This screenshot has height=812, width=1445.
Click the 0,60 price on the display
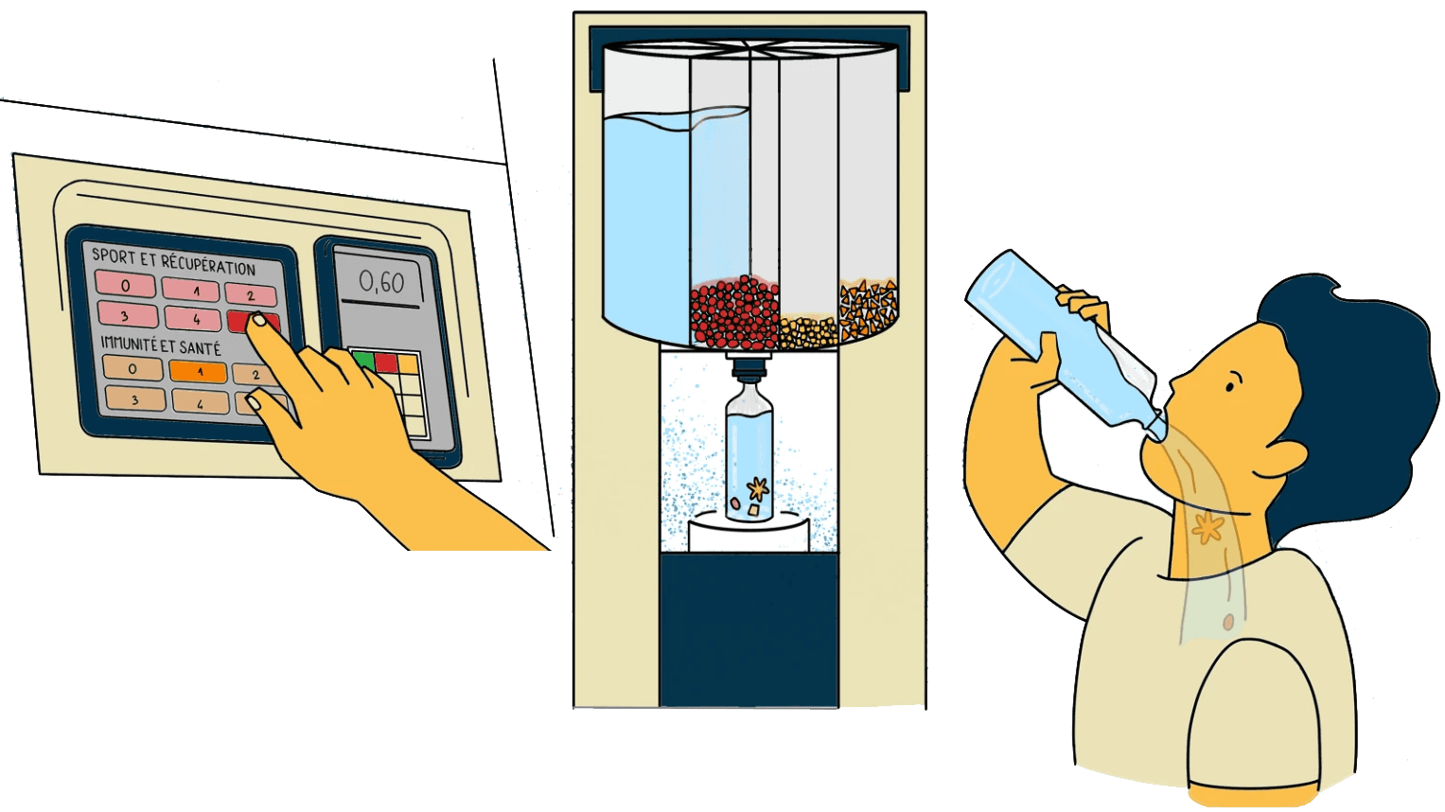[380, 282]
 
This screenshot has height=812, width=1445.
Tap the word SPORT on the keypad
[113, 256]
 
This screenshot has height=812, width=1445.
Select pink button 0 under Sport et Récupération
[125, 284]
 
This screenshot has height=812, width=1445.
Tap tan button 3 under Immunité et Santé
[134, 399]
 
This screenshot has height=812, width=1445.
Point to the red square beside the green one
[386, 362]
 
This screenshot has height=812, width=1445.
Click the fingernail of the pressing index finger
[256, 322]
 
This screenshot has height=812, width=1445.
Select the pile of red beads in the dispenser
[734, 312]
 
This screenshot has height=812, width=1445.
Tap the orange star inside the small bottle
[756, 488]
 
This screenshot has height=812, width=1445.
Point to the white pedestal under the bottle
[749, 536]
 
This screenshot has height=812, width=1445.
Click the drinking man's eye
[1230, 386]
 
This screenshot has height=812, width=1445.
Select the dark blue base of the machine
[749, 629]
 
